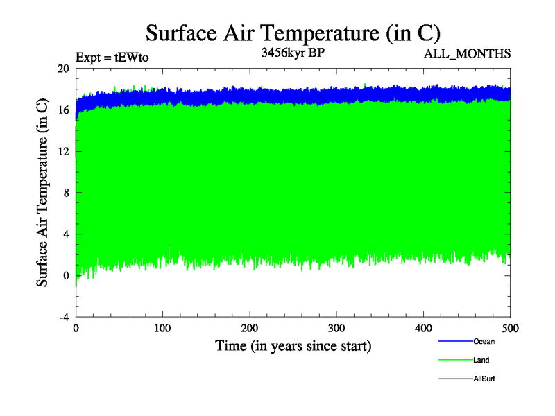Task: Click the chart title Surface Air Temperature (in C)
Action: [293, 33]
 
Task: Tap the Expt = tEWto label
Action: [112, 58]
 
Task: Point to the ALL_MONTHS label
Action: [467, 53]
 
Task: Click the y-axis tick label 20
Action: [63, 69]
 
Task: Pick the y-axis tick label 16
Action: [63, 110]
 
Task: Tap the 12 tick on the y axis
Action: [63, 151]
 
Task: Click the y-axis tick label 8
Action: [66, 193]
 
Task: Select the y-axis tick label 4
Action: [66, 234]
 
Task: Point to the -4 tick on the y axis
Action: [64, 317]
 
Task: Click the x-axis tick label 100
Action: [162, 327]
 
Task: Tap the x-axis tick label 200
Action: [250, 327]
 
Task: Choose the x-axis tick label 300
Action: [336, 327]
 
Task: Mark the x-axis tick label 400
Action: [423, 327]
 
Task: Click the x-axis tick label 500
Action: [510, 327]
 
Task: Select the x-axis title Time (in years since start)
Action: [293, 345]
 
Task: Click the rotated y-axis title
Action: [42, 193]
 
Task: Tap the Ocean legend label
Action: [484, 341]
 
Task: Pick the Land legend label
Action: [481, 360]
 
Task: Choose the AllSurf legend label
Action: [484, 379]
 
